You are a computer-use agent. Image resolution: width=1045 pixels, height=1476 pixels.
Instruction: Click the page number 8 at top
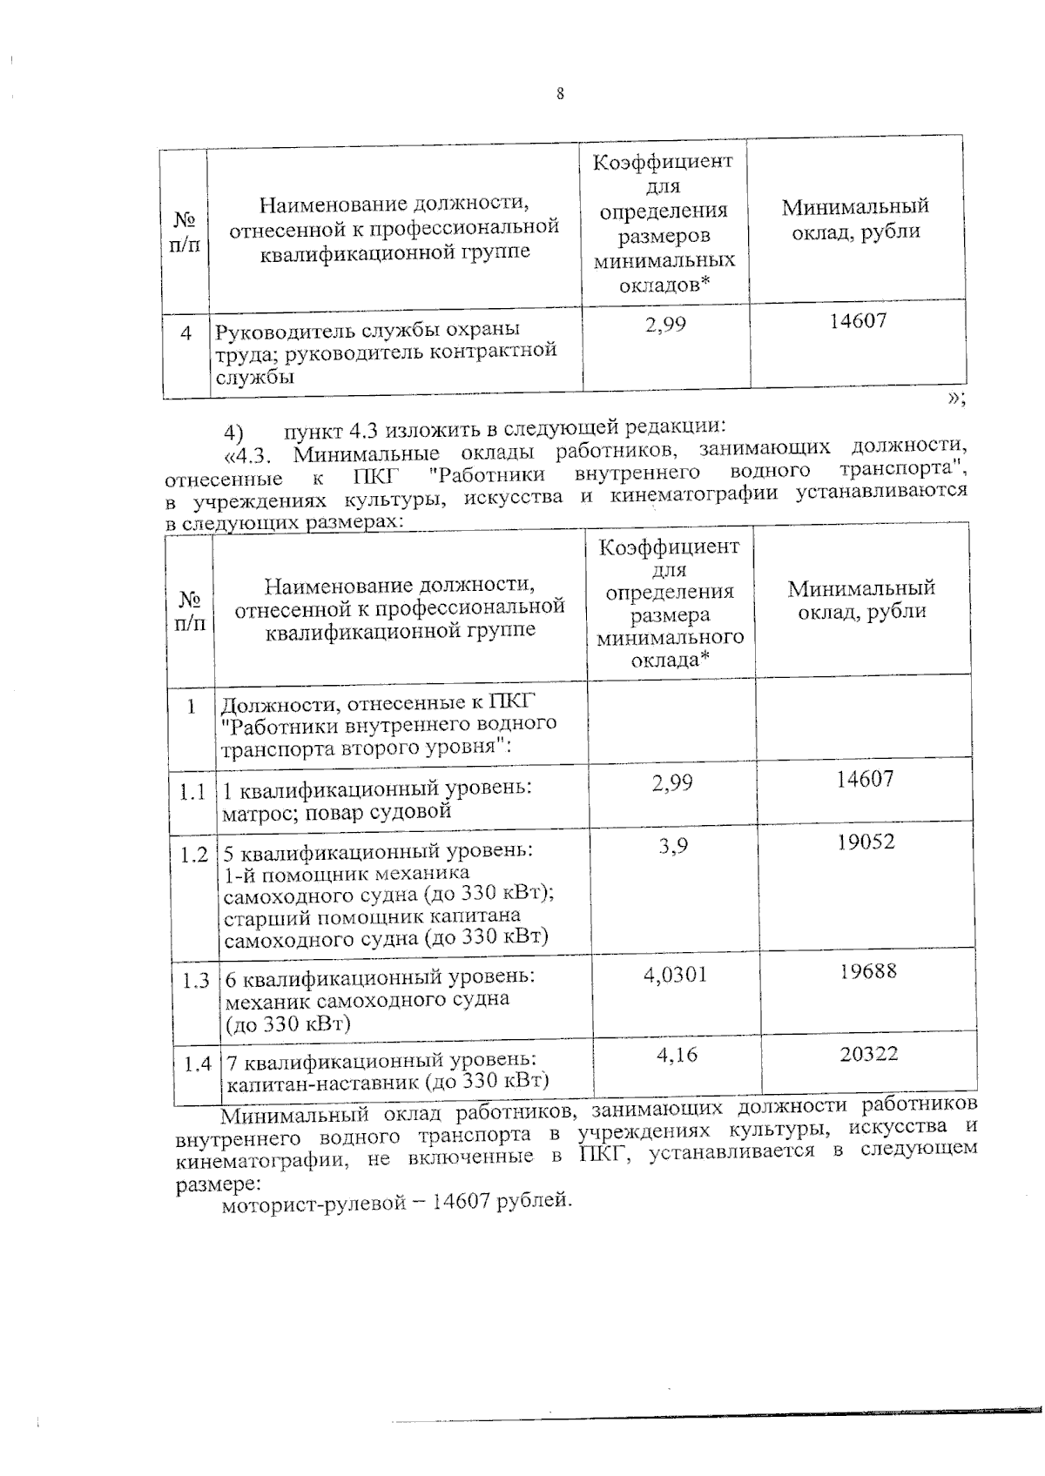click(560, 95)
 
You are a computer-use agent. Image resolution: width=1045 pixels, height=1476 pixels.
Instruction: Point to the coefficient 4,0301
click(675, 974)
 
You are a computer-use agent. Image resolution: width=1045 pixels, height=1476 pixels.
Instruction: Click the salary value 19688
click(867, 970)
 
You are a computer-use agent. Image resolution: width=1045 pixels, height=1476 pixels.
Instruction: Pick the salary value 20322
click(869, 1054)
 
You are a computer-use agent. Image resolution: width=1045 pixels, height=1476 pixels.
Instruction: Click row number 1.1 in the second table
click(192, 793)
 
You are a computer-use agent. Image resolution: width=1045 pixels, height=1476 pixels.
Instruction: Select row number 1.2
click(193, 855)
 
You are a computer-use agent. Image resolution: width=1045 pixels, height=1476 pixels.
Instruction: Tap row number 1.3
click(195, 981)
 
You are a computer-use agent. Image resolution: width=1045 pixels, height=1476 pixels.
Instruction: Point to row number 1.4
click(197, 1063)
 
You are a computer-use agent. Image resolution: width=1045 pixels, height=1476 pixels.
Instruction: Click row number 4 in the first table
click(185, 333)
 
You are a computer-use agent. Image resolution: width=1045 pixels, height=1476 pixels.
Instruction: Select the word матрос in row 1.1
click(250, 814)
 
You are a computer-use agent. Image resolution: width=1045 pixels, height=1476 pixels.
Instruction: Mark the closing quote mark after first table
click(955, 399)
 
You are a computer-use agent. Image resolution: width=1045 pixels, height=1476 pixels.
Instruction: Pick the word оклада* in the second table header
click(668, 660)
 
